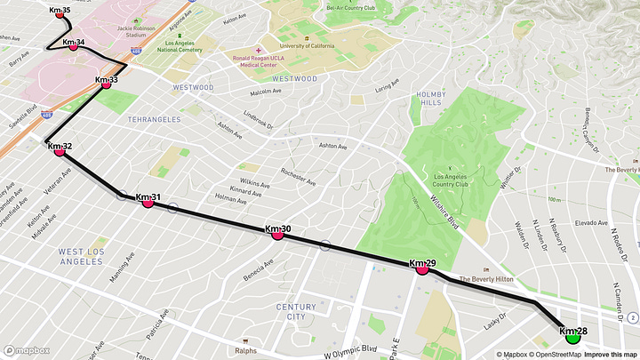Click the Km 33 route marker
107,84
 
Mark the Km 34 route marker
74,45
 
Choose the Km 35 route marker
60,13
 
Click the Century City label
296,311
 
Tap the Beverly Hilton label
487,279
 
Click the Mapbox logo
27,350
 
